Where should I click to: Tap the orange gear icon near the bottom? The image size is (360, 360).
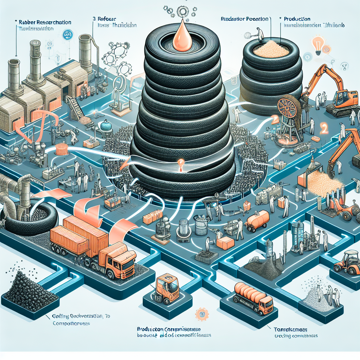pyautogui.click(x=201, y=313)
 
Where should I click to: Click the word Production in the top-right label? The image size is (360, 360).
pyautogui.click(x=297, y=19)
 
